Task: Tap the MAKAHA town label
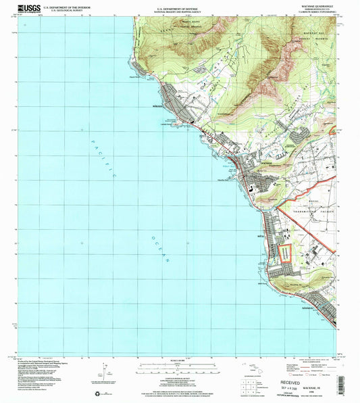coord(148,106)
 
